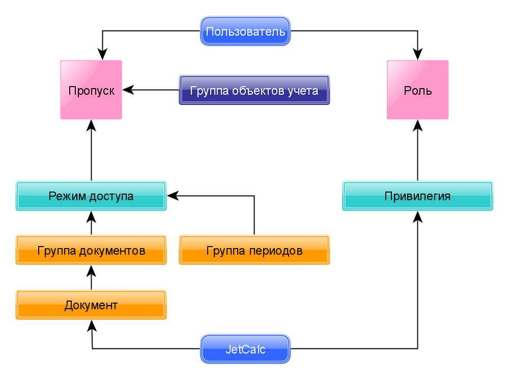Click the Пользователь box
245,32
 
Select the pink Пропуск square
91,90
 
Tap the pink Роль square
418,90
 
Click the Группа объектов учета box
254,91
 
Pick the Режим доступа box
91,196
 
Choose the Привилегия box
418,196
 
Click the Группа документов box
91,250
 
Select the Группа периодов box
254,250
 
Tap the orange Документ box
91,305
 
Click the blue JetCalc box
245,349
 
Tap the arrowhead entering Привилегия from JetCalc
418,217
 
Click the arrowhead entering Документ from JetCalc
92,326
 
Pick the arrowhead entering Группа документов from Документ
91,271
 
